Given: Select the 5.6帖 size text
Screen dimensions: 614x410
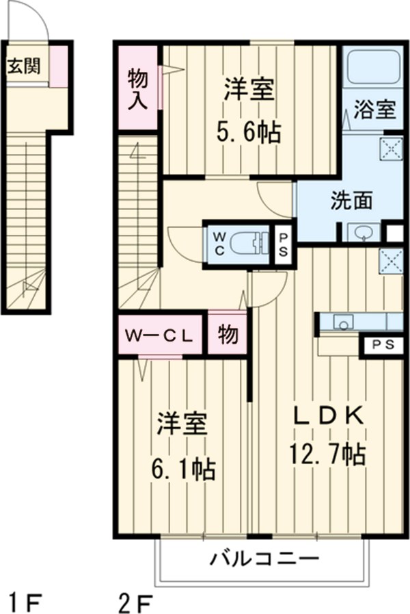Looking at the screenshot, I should tap(250, 131).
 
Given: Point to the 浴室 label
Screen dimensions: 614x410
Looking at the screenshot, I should tap(374, 110).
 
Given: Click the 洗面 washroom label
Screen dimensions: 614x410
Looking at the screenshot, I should tap(351, 201).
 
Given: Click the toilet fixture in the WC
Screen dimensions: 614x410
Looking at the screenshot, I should tap(249, 242).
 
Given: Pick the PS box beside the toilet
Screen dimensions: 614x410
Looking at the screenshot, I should tap(283, 242).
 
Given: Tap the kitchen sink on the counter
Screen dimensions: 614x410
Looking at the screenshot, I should tap(342, 321).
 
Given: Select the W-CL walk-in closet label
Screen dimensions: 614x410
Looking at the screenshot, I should tap(160, 335).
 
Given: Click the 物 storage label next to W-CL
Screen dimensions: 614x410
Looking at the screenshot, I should tap(227, 334).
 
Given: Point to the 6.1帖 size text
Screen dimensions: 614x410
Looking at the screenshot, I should tap(182, 469).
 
